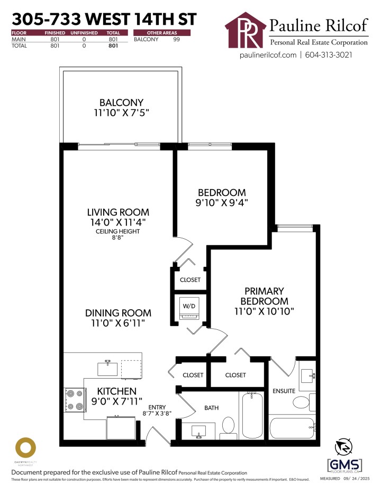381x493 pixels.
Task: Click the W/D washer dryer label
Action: point(189,306)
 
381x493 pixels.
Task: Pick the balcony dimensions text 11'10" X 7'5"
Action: point(122,113)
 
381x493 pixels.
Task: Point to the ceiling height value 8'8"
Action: point(118,239)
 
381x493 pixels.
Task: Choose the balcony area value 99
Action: point(177,39)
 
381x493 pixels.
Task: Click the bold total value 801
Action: point(112,46)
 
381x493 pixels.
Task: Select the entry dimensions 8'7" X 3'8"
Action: point(158,413)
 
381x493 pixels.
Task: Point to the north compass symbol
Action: point(344,447)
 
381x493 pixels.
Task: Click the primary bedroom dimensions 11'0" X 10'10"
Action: point(264,311)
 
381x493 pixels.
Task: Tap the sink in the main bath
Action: point(199,431)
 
